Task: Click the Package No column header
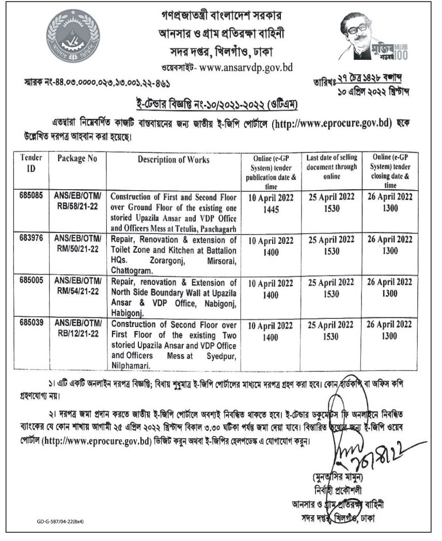pos(77,159)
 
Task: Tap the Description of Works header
pos(173,160)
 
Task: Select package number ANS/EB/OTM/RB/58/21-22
pos(78,201)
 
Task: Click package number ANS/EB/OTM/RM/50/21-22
pos(78,244)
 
